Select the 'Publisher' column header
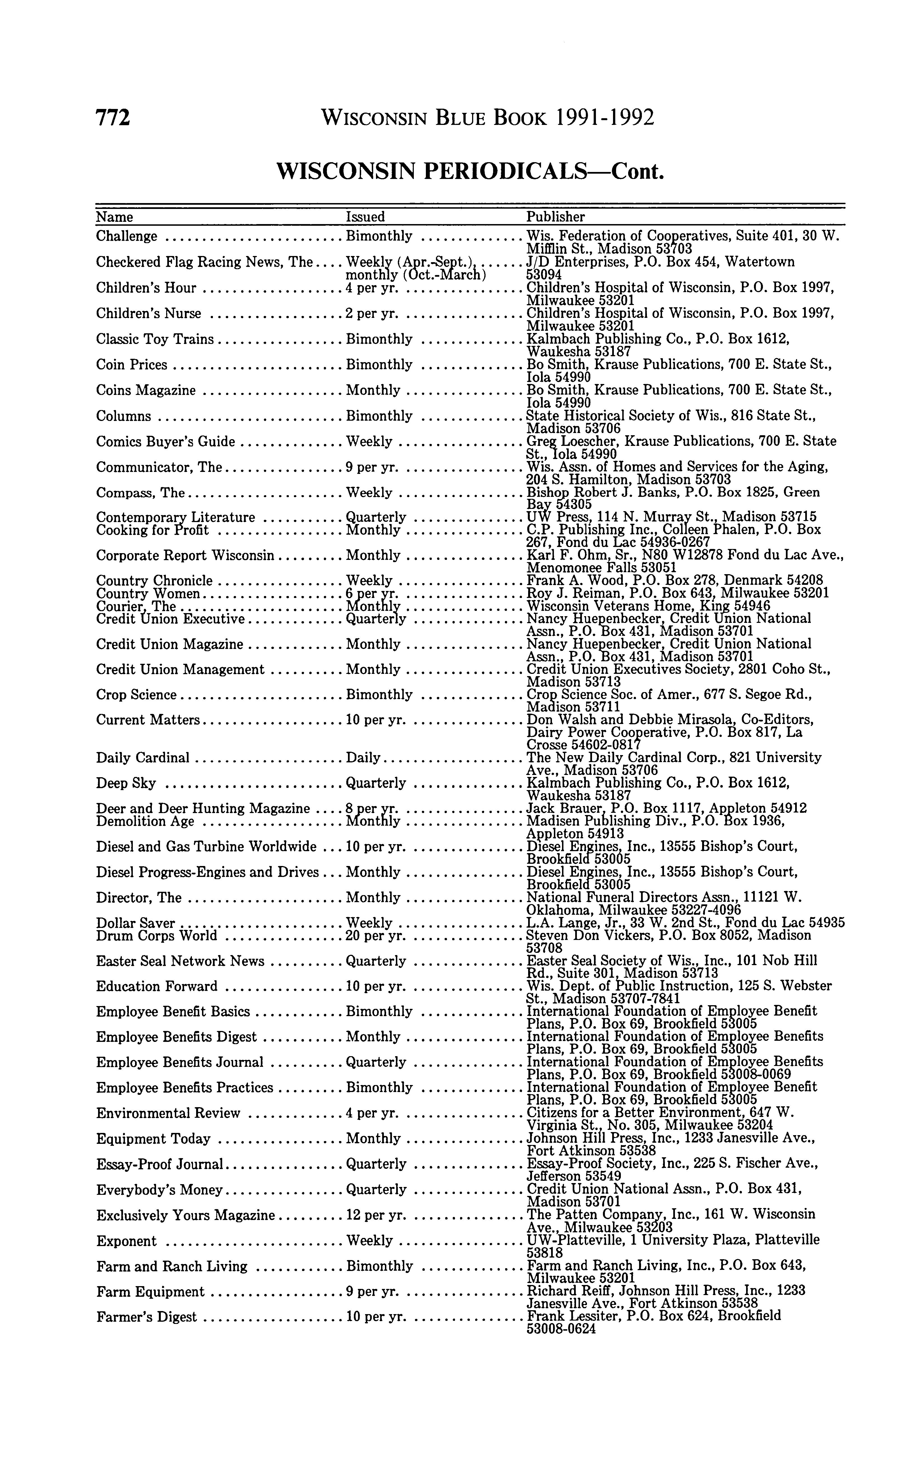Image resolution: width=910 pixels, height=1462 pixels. (556, 216)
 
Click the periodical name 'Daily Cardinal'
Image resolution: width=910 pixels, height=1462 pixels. (143, 758)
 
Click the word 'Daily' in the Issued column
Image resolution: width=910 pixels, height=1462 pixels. (363, 758)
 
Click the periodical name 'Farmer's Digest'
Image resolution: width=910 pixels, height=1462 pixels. (146, 1317)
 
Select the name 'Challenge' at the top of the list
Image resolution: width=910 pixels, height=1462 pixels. (126, 236)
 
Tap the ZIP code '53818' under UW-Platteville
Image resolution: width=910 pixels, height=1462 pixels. (545, 1253)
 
